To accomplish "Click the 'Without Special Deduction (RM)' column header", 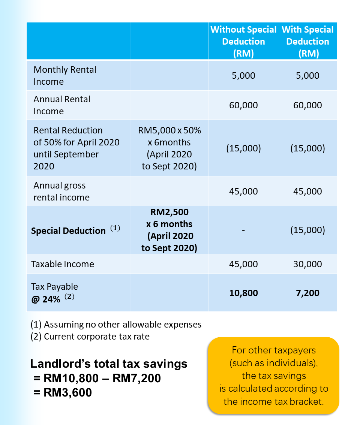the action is (x=243, y=42).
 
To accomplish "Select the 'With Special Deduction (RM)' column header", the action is (x=307, y=42).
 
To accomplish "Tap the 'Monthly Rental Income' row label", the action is (x=65, y=76).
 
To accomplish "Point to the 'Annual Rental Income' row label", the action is (x=62, y=105).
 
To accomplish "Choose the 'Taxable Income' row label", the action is (x=63, y=264).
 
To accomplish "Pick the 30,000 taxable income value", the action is (x=307, y=264).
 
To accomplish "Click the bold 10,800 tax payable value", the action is (x=244, y=293).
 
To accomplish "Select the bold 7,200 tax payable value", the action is (x=307, y=293).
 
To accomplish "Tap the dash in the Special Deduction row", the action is (x=243, y=230).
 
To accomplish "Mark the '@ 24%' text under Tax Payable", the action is (x=46, y=299).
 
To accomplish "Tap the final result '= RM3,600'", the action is (x=62, y=392).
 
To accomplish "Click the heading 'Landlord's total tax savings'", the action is (x=109, y=364).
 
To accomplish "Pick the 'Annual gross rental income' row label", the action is (x=61, y=192).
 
